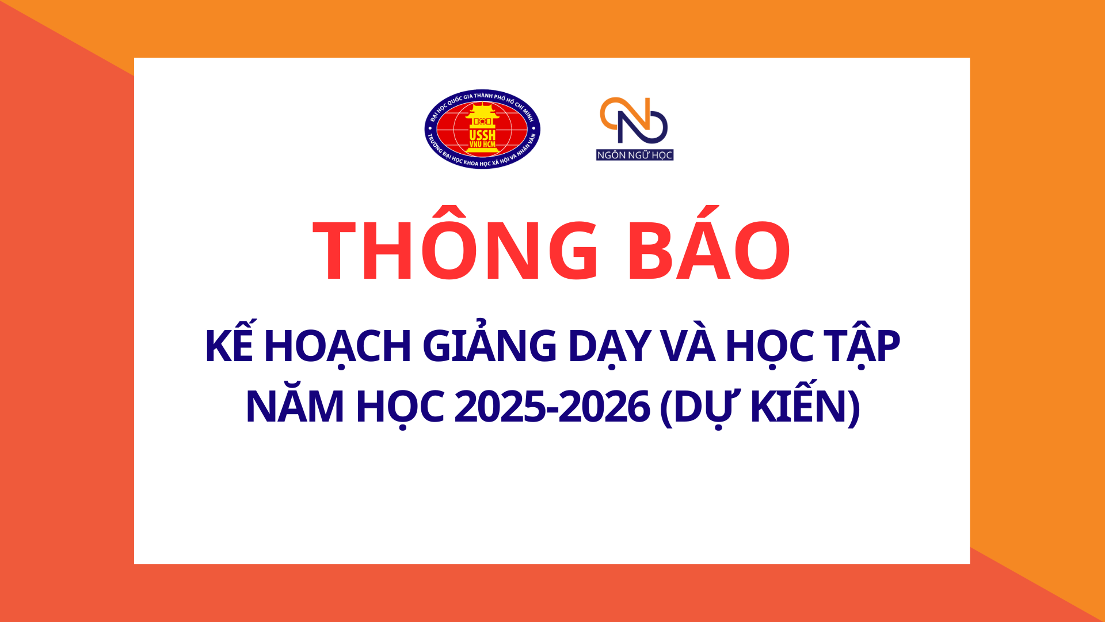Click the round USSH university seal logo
[x=482, y=129]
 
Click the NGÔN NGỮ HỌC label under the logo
[x=635, y=155]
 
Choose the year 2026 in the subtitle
[x=604, y=406]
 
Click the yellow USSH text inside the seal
[x=482, y=136]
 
